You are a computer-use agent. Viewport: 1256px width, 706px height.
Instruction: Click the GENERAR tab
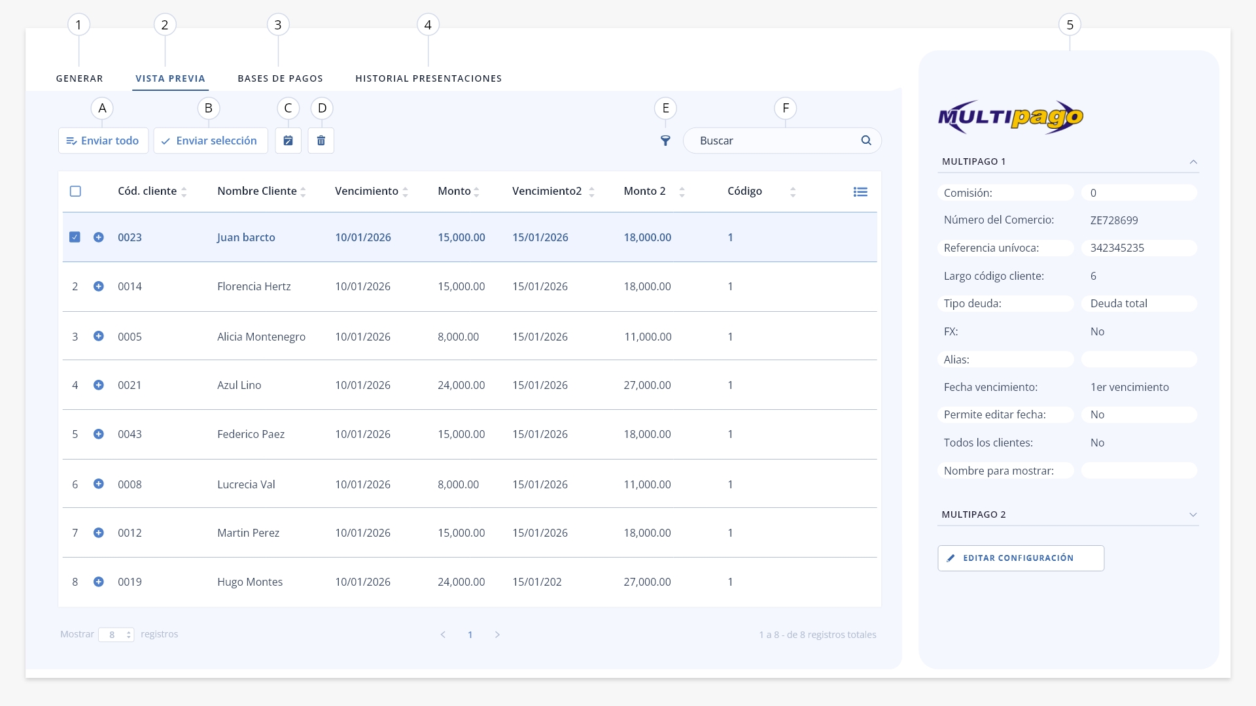(x=79, y=78)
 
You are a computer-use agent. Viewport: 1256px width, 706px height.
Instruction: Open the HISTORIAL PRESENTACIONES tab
(x=428, y=78)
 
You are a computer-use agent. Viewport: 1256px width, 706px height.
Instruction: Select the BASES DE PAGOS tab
(x=280, y=78)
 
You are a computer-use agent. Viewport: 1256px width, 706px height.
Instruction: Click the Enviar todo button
(x=103, y=141)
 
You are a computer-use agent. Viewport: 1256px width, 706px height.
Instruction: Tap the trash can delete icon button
(x=321, y=141)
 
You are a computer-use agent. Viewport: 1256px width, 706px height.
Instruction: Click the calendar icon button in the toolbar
(x=288, y=141)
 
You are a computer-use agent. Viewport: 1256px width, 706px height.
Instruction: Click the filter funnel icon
(x=665, y=141)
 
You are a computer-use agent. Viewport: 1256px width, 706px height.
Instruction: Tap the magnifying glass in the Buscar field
(x=866, y=141)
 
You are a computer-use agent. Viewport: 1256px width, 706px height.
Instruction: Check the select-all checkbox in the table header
(x=75, y=192)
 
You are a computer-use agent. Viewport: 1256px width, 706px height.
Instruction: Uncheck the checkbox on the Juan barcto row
(x=75, y=237)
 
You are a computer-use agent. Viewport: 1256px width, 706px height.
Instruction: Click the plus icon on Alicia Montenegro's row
(x=99, y=336)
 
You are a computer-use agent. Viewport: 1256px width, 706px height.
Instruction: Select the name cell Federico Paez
(x=251, y=434)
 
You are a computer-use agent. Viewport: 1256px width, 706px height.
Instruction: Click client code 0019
(x=130, y=582)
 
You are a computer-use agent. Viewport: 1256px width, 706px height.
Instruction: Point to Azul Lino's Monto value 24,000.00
(x=461, y=385)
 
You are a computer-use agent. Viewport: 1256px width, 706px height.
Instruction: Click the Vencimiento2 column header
(x=547, y=191)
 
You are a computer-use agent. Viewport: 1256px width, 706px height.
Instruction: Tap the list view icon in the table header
(x=860, y=192)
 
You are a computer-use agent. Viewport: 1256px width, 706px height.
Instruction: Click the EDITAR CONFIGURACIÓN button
(x=1020, y=558)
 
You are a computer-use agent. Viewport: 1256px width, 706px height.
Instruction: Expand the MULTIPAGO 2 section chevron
(x=1193, y=514)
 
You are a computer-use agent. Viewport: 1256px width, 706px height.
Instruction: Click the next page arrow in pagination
(x=497, y=635)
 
